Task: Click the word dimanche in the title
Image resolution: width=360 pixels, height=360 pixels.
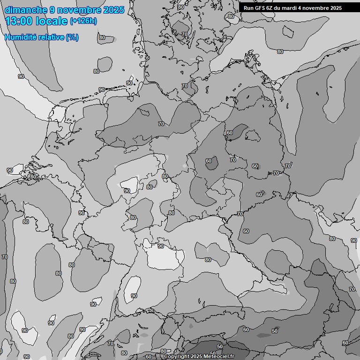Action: click(x=26, y=10)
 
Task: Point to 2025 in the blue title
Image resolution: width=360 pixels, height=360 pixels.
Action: click(x=114, y=10)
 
